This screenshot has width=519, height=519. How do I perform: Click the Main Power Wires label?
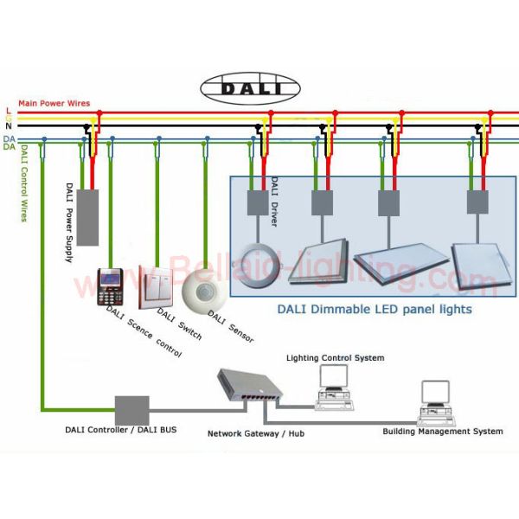54,104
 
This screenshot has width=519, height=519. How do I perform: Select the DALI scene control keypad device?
109,285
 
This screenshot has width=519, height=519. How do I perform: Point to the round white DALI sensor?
204,290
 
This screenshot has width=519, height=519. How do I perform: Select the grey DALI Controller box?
131,410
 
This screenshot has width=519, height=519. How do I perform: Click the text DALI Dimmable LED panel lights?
374,309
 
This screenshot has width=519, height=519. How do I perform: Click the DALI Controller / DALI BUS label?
120,430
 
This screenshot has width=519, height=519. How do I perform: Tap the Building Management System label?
442,431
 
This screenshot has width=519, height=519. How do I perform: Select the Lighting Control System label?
336,358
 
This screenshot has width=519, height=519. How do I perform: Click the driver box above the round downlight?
258,203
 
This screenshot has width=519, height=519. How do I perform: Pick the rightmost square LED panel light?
474,257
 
